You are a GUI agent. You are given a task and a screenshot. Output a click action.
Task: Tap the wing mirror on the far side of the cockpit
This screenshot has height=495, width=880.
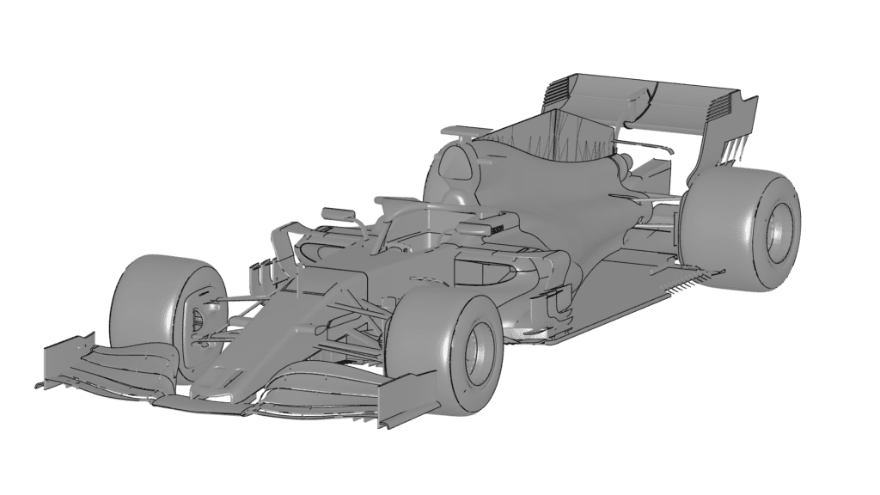point(338,212)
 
